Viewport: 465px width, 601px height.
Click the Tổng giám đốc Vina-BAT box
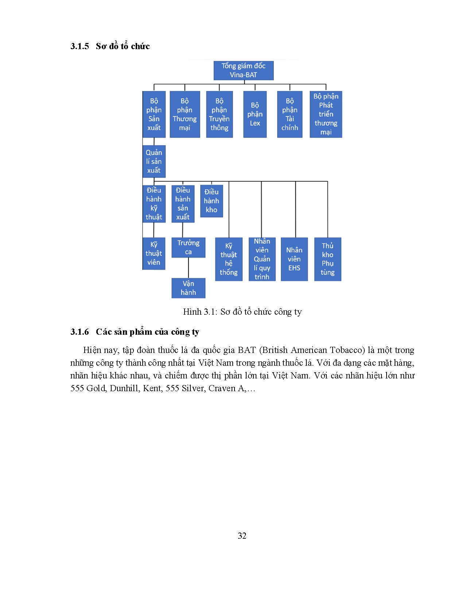point(243,70)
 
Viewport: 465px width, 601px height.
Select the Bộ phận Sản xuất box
point(154,114)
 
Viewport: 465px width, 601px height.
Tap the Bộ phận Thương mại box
point(185,114)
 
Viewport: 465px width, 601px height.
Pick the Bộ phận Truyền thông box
point(219,114)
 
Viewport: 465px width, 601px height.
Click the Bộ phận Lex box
point(255,114)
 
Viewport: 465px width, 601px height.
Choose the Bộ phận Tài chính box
point(290,114)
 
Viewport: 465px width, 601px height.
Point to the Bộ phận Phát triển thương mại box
point(326,114)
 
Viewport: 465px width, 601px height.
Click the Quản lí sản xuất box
point(154,161)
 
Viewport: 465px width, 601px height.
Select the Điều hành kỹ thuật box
point(154,204)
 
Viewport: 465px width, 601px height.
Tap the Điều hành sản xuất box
point(183,204)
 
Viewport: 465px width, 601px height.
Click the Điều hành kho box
point(212,201)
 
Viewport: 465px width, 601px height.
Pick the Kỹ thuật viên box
point(154,254)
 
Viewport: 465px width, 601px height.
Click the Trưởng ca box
point(188,248)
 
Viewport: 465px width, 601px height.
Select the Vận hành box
point(188,288)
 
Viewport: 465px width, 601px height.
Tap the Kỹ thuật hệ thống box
point(229,259)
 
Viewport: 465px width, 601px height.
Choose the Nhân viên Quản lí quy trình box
point(262,259)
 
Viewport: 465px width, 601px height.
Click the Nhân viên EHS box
point(294,259)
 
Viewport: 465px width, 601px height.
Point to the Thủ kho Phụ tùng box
point(328,259)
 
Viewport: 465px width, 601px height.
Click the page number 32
point(242,536)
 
